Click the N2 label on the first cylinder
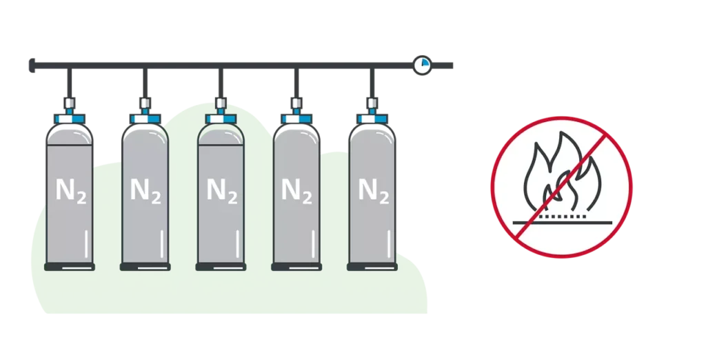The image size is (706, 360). pyautogui.click(x=70, y=190)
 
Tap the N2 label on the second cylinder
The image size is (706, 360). pyautogui.click(x=145, y=190)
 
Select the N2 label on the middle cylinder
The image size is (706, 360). pyautogui.click(x=221, y=190)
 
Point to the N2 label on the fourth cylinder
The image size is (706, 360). pyautogui.click(x=297, y=190)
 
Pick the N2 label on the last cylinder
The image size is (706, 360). pyautogui.click(x=373, y=190)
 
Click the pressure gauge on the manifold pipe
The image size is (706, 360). pyautogui.click(x=422, y=65)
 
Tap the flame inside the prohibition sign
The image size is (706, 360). pyautogui.click(x=559, y=175)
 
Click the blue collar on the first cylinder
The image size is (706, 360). pyautogui.click(x=70, y=117)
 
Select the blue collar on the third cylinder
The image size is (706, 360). pyautogui.click(x=221, y=117)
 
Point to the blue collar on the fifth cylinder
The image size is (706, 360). pyautogui.click(x=373, y=117)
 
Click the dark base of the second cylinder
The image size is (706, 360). pyautogui.click(x=145, y=267)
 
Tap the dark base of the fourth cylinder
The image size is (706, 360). pyautogui.click(x=297, y=267)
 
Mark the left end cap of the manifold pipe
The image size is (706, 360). pyautogui.click(x=32, y=66)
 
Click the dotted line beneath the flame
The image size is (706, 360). pyautogui.click(x=560, y=215)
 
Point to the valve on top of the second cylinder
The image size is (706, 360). pyautogui.click(x=145, y=104)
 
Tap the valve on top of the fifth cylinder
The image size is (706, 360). pyautogui.click(x=373, y=104)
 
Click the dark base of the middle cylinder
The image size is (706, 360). pyautogui.click(x=221, y=267)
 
